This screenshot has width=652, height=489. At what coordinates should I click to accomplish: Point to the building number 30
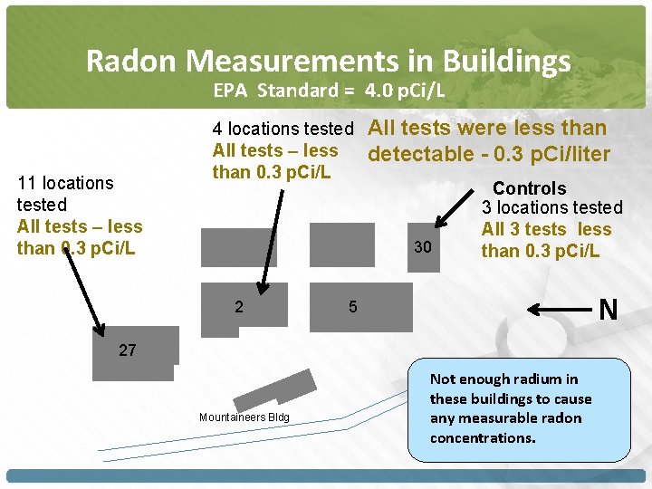423,247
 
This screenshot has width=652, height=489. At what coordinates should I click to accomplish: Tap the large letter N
609,311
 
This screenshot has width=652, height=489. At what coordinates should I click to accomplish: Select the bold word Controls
530,189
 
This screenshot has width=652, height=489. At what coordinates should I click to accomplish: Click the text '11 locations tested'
65,193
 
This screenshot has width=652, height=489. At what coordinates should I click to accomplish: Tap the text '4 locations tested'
282,129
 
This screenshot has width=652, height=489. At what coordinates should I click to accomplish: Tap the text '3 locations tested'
551,208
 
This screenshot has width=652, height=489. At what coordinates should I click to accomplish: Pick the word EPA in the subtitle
233,91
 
